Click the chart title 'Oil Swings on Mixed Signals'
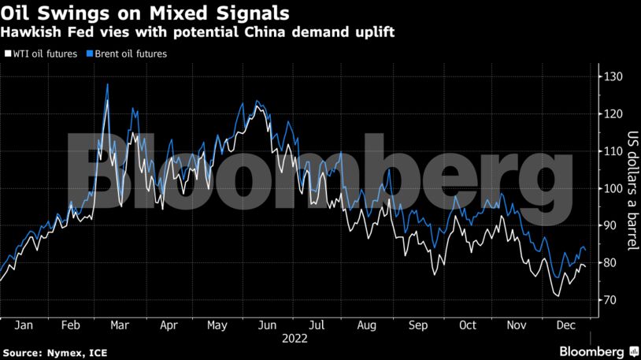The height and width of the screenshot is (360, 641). tap(144, 13)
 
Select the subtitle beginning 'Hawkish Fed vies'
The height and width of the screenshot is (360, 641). tap(198, 32)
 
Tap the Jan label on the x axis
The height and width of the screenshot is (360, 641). tap(24, 325)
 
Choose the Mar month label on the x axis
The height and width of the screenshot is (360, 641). tap(120, 325)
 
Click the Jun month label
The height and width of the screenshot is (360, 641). tap(268, 325)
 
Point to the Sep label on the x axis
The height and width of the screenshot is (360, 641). tap(418, 325)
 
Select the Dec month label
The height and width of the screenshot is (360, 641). tap(565, 325)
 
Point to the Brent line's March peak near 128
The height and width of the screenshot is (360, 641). tap(107, 84)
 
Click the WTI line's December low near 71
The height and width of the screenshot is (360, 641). tap(558, 296)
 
